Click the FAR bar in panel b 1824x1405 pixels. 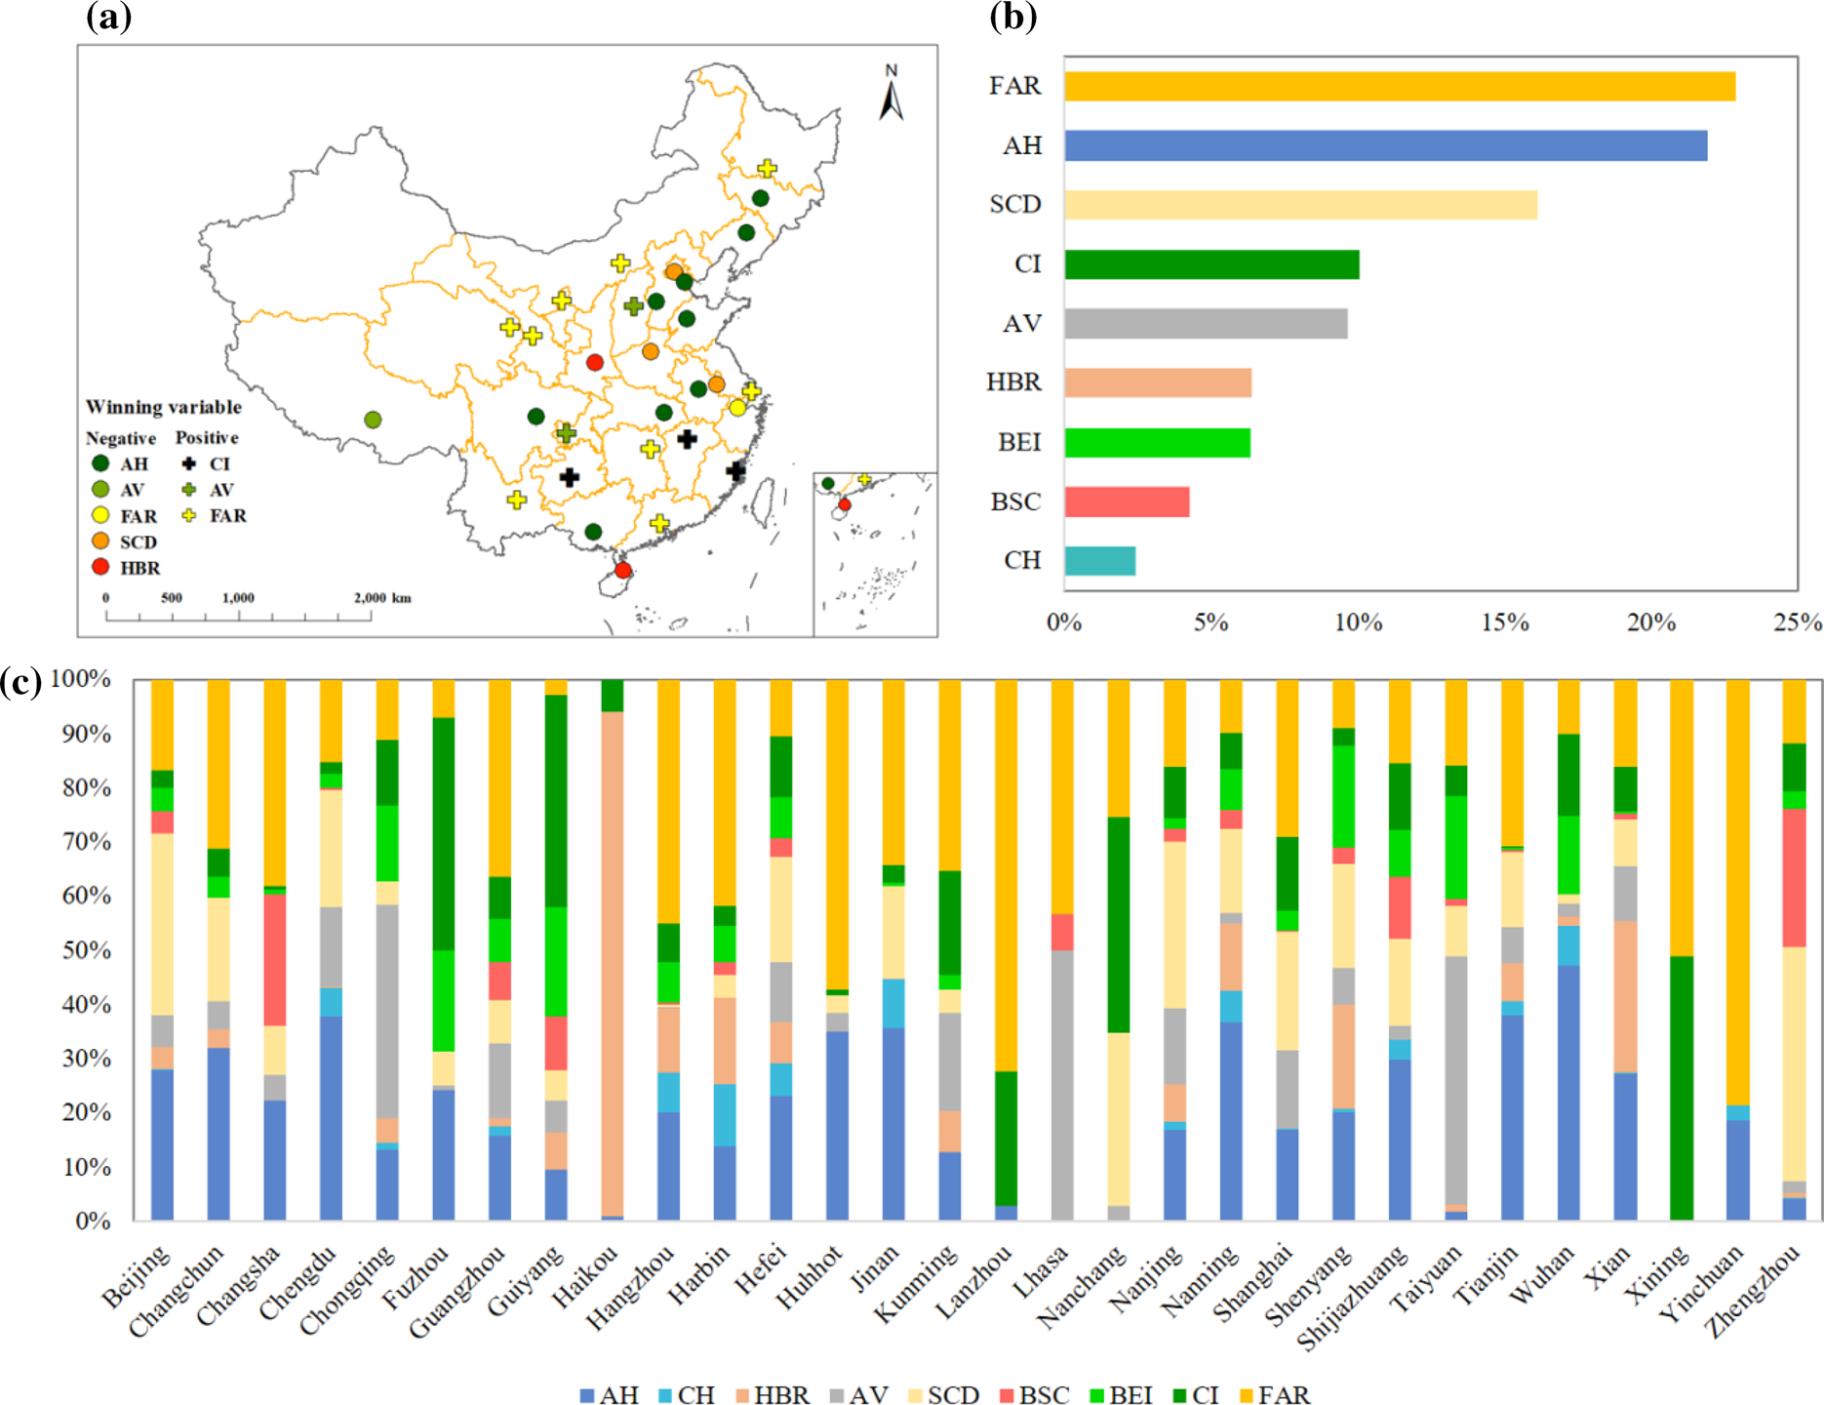1399,86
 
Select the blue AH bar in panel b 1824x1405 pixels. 1385,145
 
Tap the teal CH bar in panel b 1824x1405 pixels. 1099,561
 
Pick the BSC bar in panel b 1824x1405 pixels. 1127,502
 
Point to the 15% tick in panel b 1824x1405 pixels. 1504,622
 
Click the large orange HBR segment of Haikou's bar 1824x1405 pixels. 613,961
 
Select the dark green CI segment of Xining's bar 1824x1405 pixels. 1682,1088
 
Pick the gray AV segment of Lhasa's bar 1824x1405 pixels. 1062,1083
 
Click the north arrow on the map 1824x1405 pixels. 891,96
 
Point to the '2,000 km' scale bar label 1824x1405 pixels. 382,597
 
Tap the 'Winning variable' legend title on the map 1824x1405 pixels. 163,407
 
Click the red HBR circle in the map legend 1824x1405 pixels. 100,567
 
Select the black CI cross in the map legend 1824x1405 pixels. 189,463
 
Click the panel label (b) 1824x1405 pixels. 1012,17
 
